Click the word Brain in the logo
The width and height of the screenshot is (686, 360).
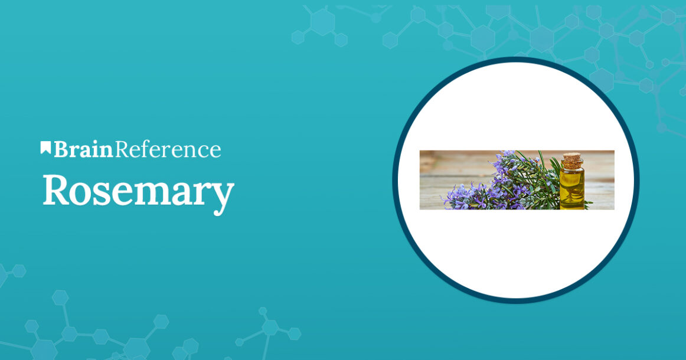click(83, 150)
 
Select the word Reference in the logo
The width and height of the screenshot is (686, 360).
click(168, 150)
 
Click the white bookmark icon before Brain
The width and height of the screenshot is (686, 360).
click(45, 148)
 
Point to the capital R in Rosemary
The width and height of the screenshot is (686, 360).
click(55, 190)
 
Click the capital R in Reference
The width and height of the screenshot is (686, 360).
click(123, 150)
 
